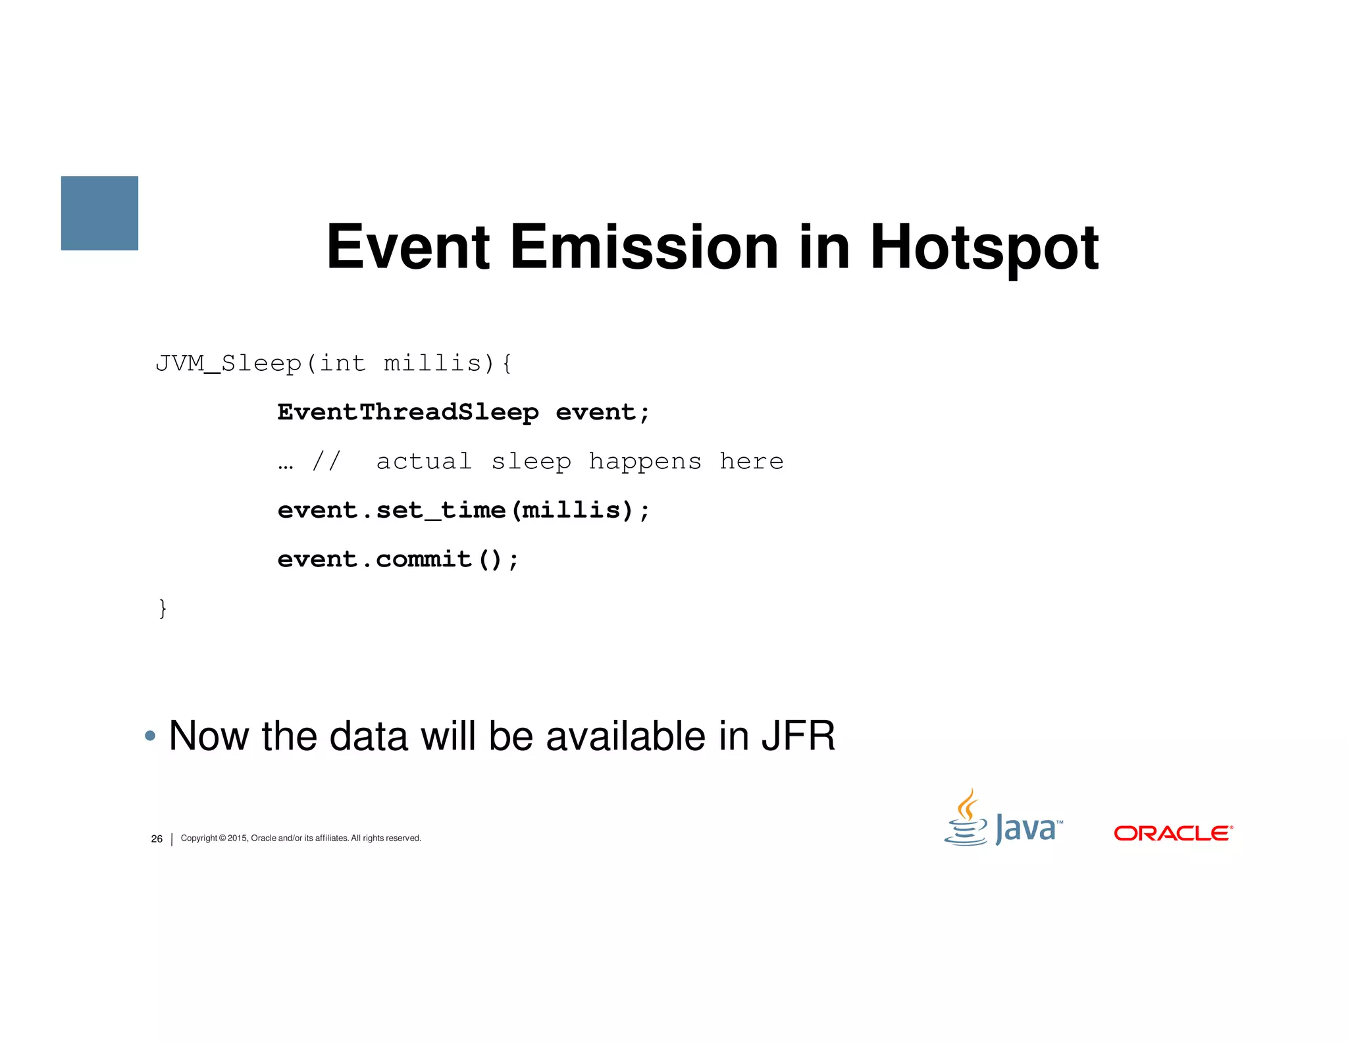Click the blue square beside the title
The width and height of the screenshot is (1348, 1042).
point(99,213)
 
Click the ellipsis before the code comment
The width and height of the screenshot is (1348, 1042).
point(285,463)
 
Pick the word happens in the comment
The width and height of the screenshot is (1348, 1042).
point(644,462)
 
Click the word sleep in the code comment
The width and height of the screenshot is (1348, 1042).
point(531,462)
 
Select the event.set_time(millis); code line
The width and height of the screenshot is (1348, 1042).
point(463,510)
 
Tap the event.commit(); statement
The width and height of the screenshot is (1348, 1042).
point(398,560)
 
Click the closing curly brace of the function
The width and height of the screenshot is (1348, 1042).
point(163,608)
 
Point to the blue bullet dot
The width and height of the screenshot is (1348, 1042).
point(150,736)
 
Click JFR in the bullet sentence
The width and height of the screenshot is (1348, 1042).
point(798,736)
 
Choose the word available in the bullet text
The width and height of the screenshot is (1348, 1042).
point(626,736)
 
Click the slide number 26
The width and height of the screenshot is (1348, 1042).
point(157,838)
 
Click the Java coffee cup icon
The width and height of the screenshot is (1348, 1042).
point(966,819)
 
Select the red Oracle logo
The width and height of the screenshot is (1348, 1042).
point(1173,833)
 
